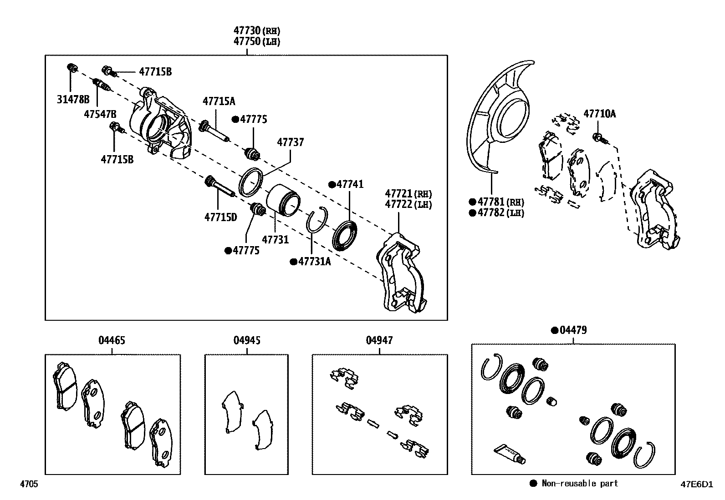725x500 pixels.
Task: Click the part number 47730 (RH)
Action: [x=256, y=31]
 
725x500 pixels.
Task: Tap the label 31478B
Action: [x=73, y=100]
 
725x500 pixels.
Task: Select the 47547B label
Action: [x=100, y=114]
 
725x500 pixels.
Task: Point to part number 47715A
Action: [x=219, y=101]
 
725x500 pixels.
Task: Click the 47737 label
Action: [x=290, y=142]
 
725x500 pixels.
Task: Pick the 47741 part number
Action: [x=350, y=184]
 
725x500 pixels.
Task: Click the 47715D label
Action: [x=220, y=217]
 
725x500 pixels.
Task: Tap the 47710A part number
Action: [x=600, y=114]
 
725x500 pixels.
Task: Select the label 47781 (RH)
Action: [x=500, y=202]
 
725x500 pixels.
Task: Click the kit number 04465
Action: [x=112, y=340]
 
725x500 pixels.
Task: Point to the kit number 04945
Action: [x=247, y=340]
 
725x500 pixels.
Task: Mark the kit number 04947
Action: [x=379, y=340]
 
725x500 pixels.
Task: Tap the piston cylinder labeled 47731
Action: [x=282, y=200]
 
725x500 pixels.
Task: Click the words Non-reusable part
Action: [x=580, y=484]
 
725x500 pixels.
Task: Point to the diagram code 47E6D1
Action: [x=696, y=484]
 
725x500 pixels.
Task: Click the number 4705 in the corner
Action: [x=28, y=484]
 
